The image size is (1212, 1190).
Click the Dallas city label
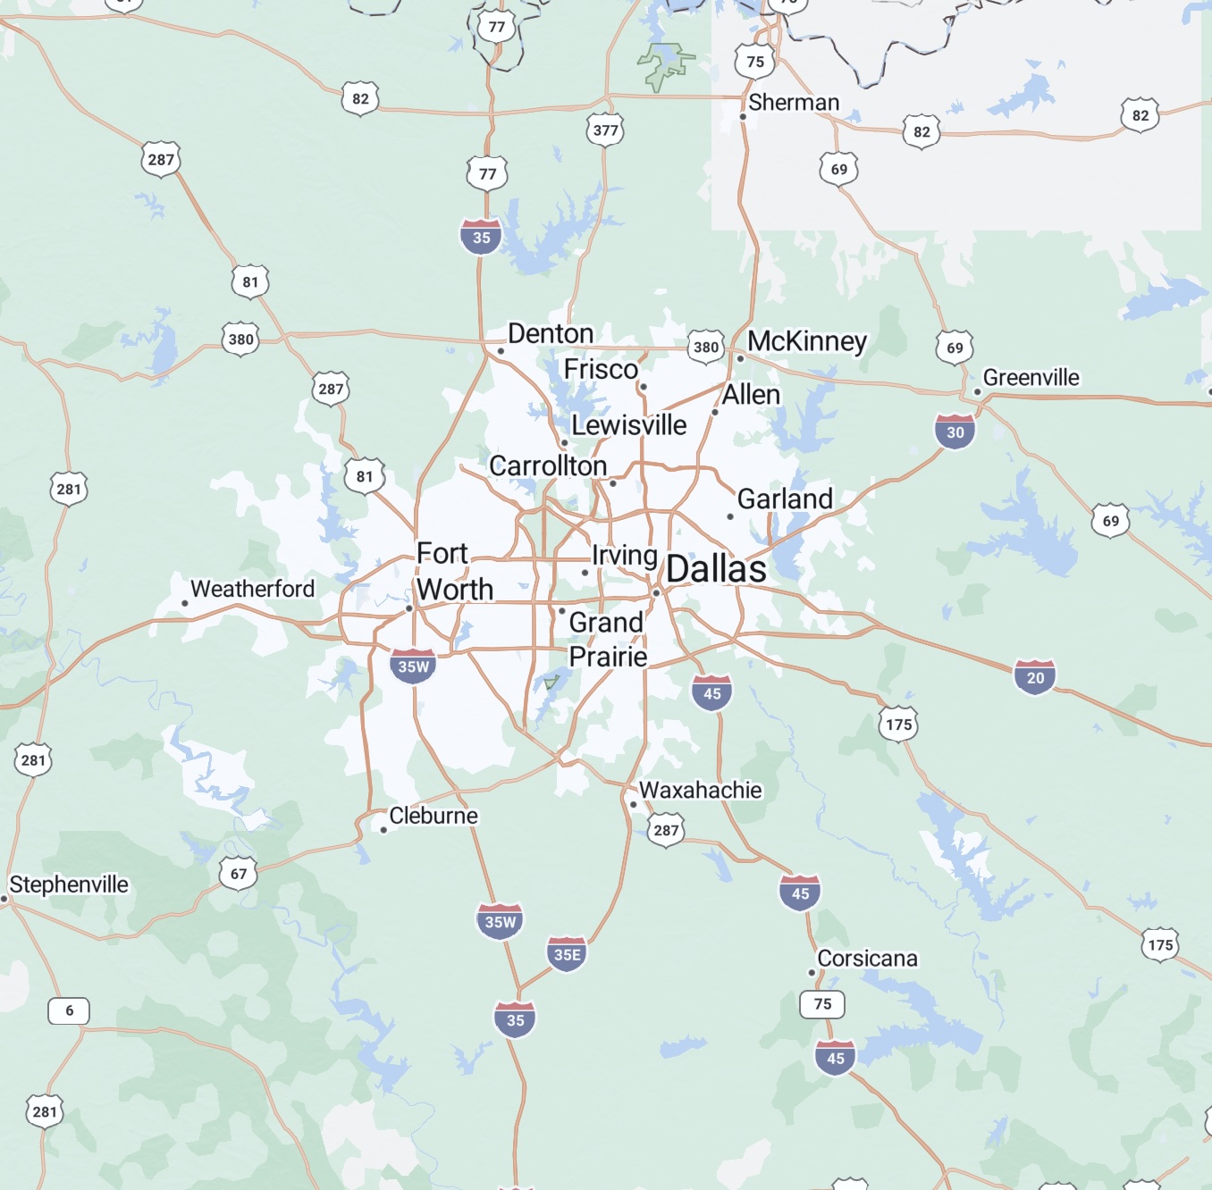(716, 569)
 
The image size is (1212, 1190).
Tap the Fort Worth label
(454, 572)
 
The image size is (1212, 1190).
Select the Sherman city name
(794, 103)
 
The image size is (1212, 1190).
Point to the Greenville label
(1031, 378)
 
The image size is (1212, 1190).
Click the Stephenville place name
(69, 884)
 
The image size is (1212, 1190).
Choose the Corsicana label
(867, 959)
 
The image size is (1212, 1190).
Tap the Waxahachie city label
(700, 790)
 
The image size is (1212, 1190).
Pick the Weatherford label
(252, 589)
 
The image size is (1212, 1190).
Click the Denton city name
(551, 333)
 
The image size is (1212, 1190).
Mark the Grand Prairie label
(608, 640)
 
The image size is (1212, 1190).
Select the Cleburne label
(433, 816)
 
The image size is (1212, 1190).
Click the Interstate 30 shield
(955, 432)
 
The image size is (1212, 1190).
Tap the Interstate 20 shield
(1035, 677)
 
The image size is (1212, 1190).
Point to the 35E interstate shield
(567, 953)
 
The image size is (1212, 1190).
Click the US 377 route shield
(605, 130)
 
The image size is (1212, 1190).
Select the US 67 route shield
(239, 873)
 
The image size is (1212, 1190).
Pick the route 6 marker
(69, 1010)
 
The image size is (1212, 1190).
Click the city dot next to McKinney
(740, 358)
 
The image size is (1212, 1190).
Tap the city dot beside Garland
(730, 516)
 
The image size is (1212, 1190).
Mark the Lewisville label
(629, 425)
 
